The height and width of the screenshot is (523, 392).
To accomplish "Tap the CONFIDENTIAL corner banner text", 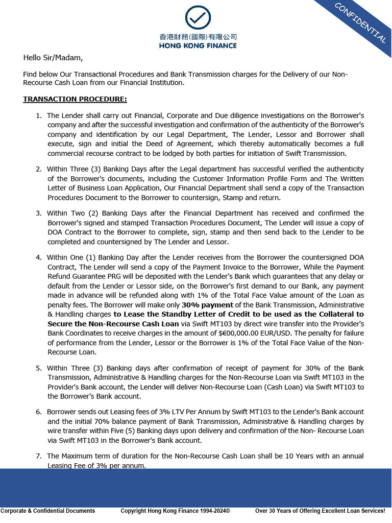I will (360, 22).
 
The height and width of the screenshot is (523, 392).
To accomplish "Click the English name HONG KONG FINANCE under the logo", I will (198, 45).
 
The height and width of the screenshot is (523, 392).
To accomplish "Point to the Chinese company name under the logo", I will (198, 37).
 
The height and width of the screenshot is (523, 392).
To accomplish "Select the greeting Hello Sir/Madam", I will (53, 58).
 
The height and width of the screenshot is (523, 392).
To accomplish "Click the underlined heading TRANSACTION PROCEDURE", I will (75, 99).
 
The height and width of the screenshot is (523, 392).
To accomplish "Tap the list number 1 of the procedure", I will (39, 116).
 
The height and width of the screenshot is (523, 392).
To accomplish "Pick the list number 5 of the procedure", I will (39, 368).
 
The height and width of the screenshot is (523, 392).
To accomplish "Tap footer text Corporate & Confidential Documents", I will (47, 511).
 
